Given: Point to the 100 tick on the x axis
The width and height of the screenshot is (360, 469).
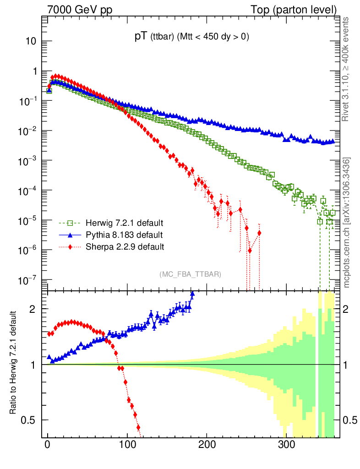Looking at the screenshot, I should (x=127, y=445).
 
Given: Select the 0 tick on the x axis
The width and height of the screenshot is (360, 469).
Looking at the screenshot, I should (x=48, y=445).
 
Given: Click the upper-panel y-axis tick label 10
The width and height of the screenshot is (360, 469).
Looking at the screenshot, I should (x=31, y=41).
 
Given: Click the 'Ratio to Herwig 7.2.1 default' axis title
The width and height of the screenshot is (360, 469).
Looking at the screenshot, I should (x=13, y=363).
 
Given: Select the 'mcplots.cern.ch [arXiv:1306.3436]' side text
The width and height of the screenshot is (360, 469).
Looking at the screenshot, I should (x=347, y=223).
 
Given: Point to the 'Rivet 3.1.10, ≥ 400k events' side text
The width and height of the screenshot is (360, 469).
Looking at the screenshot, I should (x=347, y=69).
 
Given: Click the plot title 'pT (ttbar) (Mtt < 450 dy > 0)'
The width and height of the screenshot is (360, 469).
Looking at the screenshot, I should (x=191, y=38).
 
